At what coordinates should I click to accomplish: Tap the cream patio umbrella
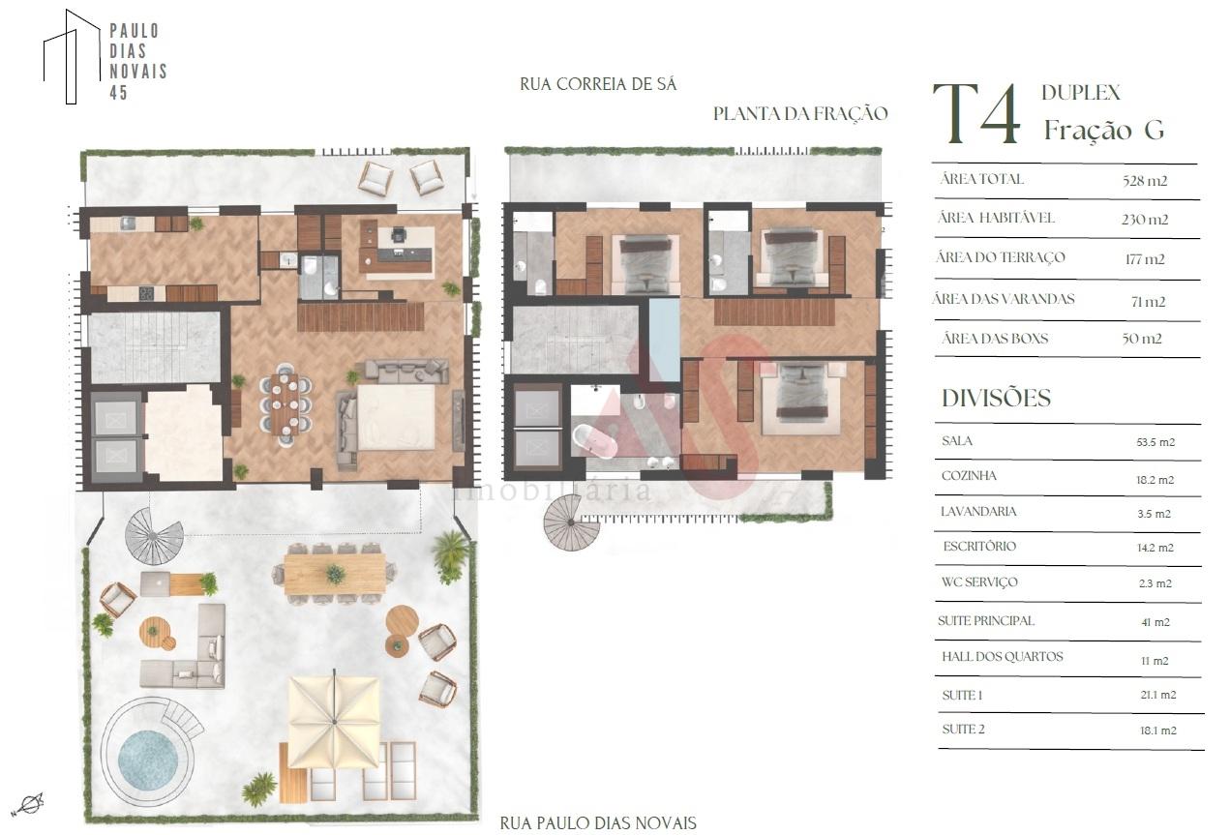334,722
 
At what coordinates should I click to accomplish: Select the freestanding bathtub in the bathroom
595,441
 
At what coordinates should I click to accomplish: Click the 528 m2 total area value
1145,181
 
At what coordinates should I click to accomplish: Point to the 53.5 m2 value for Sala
1155,442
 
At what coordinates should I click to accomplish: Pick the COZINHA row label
969,475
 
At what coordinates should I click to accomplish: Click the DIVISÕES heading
996,398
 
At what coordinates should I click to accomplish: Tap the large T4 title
976,113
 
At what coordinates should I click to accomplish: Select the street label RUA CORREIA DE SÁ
598,84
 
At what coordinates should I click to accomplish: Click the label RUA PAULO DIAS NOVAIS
598,823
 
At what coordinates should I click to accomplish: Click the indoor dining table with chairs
285,404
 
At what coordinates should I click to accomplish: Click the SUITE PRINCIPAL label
986,621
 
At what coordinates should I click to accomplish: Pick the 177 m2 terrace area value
1145,259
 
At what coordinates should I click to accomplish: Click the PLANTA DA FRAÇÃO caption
800,113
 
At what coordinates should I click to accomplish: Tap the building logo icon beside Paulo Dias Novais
72,56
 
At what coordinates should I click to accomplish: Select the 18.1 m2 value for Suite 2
1158,731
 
